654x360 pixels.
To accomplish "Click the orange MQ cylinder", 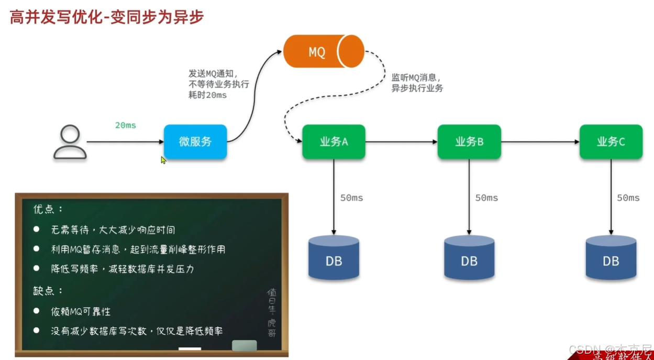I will click(x=323, y=51).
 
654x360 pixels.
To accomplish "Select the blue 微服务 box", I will click(x=195, y=141).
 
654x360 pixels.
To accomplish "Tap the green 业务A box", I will click(x=334, y=141).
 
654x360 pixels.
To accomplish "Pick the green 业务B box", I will click(x=469, y=141).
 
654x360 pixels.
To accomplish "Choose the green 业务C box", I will click(x=611, y=141).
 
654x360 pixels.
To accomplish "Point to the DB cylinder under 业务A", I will click(x=334, y=257).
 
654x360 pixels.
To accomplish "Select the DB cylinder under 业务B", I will click(x=469, y=257).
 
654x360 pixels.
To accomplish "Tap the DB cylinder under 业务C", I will click(x=611, y=257).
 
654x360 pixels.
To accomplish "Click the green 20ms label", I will click(x=126, y=125).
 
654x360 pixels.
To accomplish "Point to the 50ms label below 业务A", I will click(x=352, y=198).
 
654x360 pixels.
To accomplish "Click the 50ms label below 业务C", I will click(x=628, y=198).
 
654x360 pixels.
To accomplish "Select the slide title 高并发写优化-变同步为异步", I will click(x=107, y=17).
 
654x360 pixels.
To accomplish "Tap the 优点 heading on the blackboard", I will click(x=48, y=209).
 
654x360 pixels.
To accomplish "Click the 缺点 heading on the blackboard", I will click(x=48, y=290).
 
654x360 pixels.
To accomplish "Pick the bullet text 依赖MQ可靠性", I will click(x=81, y=311).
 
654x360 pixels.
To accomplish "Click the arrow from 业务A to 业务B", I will click(x=401, y=141).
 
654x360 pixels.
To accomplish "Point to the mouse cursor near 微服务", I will click(x=163, y=160).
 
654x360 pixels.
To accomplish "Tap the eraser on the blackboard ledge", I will click(x=244, y=345).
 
